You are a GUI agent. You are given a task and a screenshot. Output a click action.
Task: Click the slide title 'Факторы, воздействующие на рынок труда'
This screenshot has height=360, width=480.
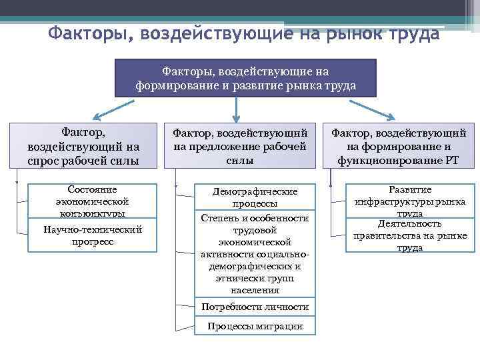(244, 33)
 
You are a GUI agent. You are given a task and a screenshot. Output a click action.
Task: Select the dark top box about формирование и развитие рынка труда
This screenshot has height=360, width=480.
(245, 77)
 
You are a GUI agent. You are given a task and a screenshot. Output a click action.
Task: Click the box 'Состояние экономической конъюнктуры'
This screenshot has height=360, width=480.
(93, 200)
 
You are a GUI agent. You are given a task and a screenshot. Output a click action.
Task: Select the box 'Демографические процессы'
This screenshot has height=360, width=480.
(255, 197)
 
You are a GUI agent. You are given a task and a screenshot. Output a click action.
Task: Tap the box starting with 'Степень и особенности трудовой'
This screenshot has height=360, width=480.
(255, 254)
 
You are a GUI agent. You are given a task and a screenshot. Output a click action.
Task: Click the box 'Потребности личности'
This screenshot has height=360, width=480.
(255, 307)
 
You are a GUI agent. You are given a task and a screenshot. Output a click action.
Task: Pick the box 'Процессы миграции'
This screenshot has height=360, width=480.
(255, 326)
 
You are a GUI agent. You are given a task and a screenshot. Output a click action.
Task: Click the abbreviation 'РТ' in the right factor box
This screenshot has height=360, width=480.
(451, 161)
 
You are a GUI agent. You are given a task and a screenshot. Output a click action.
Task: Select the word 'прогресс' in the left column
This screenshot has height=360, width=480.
(92, 241)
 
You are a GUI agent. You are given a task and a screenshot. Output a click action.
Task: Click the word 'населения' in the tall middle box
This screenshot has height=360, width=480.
(255, 290)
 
